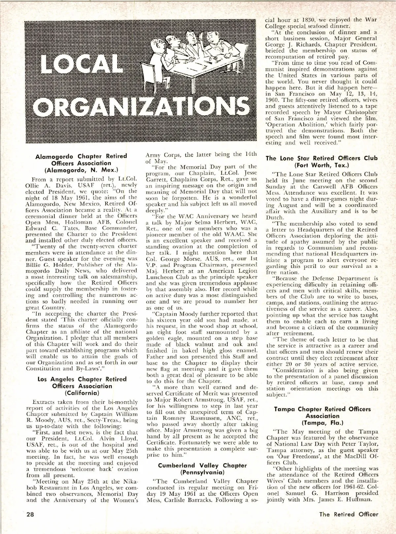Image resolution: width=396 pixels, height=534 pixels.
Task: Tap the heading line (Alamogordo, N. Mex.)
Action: [x=81, y=170]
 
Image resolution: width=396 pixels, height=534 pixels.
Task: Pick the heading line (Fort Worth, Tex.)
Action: [x=322, y=165]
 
